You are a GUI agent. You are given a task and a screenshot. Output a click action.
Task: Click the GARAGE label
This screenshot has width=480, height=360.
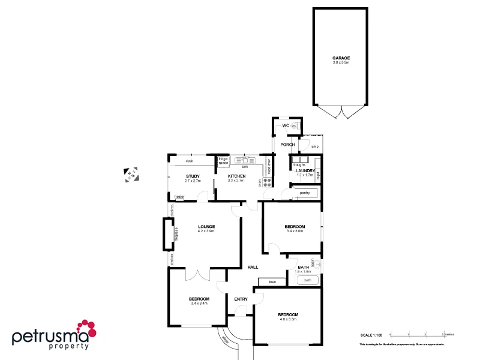[341, 58]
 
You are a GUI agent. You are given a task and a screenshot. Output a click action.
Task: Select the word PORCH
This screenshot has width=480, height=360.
[287, 144]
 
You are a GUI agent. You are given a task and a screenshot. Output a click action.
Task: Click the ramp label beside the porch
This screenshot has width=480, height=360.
[314, 146]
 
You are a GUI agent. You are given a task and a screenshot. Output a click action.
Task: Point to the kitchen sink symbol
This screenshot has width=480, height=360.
[244, 160]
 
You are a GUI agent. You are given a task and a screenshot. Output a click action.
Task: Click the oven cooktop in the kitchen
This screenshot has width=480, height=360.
[265, 182]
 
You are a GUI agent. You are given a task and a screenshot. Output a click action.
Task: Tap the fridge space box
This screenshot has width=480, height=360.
[223, 161]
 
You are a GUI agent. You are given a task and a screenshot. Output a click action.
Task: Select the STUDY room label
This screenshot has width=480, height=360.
[192, 176]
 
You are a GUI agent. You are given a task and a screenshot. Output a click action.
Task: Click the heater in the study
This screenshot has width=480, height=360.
[179, 197]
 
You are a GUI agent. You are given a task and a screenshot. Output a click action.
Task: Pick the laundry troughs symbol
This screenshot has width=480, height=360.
[299, 160]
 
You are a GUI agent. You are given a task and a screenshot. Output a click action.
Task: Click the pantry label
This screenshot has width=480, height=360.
[304, 193]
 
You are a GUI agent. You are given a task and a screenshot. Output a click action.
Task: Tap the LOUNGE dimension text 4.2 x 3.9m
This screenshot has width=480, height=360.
[206, 231]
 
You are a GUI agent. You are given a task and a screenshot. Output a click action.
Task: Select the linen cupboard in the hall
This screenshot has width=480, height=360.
[272, 281]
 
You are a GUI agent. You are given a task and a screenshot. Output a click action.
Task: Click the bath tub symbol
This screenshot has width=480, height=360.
[308, 280]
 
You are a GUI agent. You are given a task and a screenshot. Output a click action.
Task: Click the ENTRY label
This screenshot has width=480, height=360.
[241, 299]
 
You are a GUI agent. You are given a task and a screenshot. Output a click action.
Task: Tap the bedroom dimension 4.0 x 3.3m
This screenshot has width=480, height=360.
[287, 319]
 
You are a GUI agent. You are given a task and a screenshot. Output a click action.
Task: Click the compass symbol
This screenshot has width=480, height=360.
[131, 175]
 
